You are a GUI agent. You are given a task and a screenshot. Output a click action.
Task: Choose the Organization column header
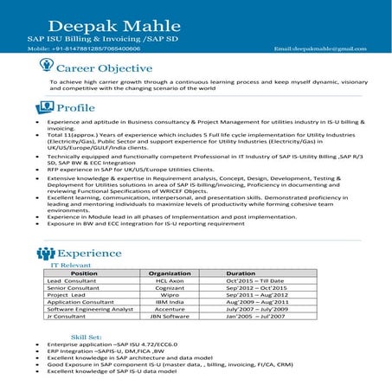click(170, 273)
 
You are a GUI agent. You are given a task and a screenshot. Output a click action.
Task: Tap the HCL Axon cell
click(170, 281)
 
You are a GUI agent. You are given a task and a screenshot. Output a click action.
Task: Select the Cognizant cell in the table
click(170, 290)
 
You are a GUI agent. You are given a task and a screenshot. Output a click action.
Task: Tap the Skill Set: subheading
click(87, 335)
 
